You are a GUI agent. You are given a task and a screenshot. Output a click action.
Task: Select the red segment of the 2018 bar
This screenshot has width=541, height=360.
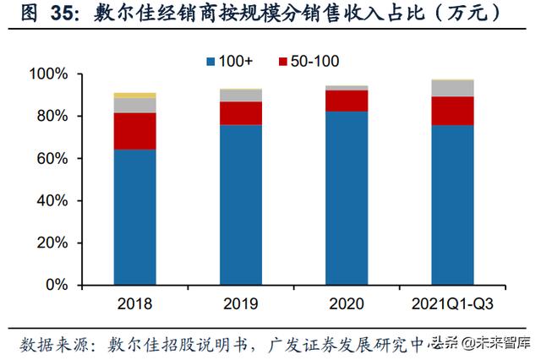point(134,131)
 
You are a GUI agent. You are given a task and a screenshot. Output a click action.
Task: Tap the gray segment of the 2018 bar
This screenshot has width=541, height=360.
point(134,105)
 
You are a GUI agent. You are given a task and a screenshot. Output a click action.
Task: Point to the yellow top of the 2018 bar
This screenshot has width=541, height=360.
point(134,95)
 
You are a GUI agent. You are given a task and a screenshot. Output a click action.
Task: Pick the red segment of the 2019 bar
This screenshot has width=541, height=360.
point(241,113)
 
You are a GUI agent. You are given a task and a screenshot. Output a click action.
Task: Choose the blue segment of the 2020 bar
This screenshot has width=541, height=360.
point(347,198)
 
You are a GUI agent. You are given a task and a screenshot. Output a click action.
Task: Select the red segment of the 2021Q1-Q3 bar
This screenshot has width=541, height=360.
point(452,111)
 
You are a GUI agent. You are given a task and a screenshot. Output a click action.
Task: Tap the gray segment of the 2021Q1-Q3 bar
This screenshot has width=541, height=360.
point(452,88)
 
